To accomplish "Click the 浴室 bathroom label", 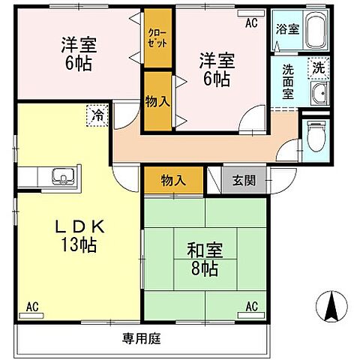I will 287,29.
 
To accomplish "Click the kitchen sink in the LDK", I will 61,178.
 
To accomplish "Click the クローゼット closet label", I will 157,37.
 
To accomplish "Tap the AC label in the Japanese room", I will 252,306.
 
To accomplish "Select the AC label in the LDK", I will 32,306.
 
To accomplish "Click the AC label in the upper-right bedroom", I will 250,23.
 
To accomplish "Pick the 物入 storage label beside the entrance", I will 172,179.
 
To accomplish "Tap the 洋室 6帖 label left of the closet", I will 77,53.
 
